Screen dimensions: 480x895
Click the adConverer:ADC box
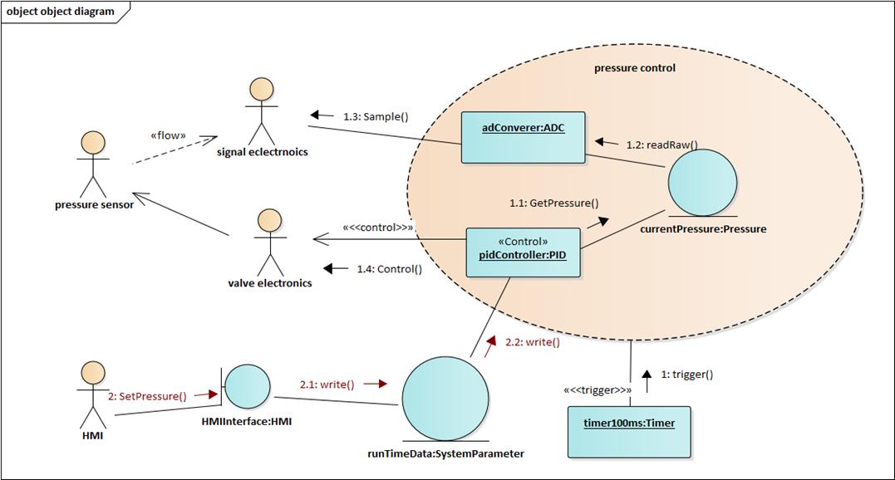tap(524, 137)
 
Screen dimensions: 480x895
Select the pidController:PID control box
tap(523, 249)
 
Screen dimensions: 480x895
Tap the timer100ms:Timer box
tap(629, 431)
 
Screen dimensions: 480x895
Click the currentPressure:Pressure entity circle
tap(702, 185)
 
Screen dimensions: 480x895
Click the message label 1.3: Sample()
tap(376, 116)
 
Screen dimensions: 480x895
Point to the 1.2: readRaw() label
tap(661, 144)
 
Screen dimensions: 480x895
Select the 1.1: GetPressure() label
tap(554, 202)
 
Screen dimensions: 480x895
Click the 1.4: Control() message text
tap(389, 268)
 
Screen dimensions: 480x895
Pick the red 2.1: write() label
tap(327, 384)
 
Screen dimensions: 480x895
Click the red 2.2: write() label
tap(533, 341)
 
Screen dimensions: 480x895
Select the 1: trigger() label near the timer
tap(686, 374)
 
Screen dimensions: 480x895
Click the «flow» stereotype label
tap(168, 135)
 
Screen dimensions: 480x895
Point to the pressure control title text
tap(635, 68)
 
